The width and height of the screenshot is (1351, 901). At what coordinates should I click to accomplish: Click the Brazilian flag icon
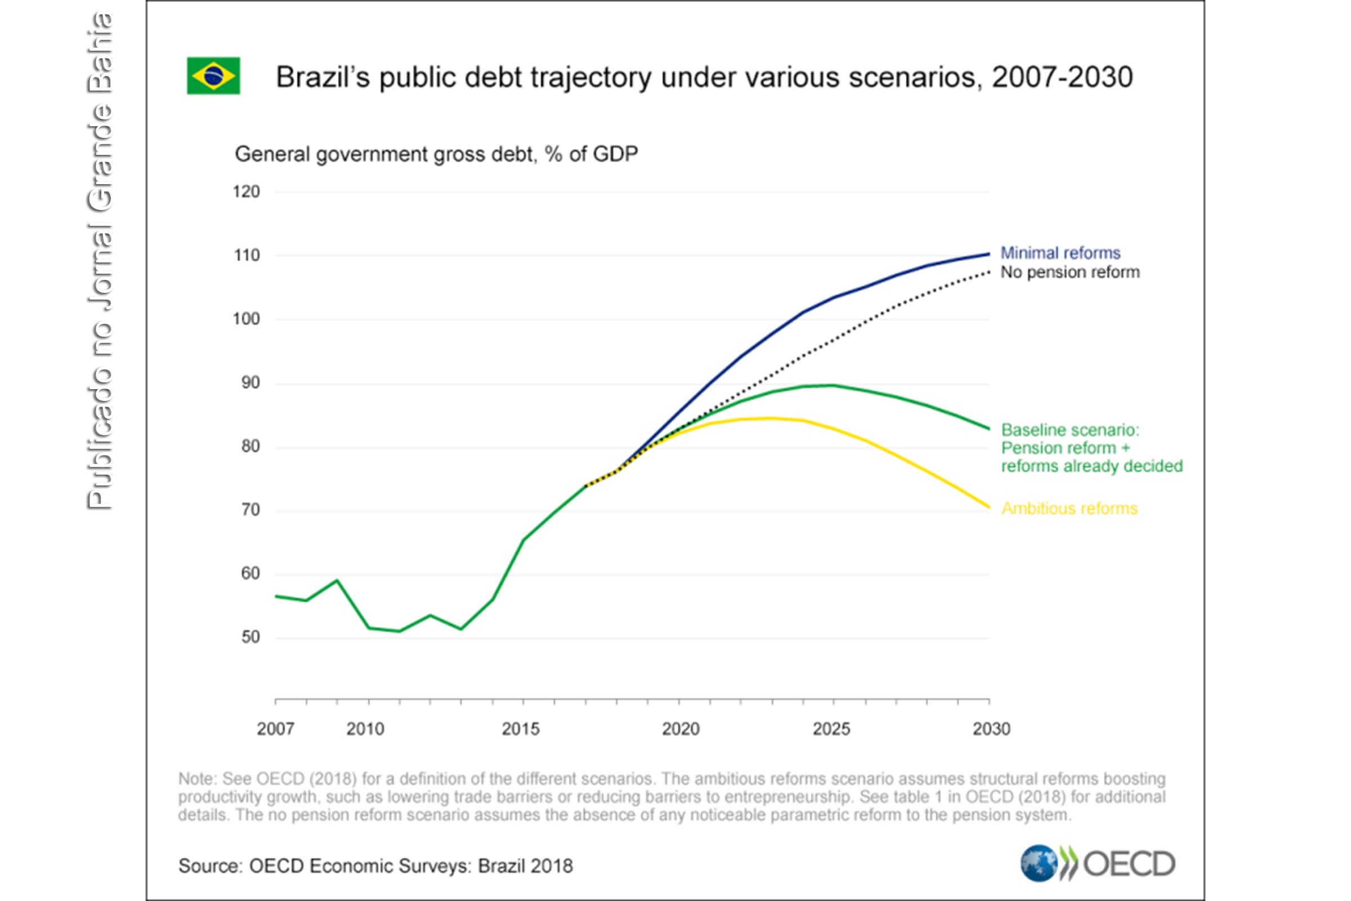click(x=213, y=75)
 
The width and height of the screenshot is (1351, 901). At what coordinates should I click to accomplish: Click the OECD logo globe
click(x=1038, y=863)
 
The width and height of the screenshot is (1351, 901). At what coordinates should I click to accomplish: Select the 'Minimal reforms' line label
click(x=1060, y=253)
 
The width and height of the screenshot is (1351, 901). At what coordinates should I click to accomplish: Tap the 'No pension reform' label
click(x=1070, y=273)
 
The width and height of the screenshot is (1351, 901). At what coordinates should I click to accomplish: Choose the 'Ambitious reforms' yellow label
click(x=1069, y=509)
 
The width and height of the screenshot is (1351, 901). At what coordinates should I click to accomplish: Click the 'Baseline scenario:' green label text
click(x=1070, y=430)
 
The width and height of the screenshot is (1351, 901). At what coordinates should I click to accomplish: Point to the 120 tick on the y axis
click(x=246, y=191)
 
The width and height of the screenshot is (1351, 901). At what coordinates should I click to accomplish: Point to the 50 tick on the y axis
click(x=250, y=637)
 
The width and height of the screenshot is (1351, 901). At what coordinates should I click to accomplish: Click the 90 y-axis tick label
click(x=250, y=383)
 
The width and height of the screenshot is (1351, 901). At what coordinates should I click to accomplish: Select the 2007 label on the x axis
click(x=275, y=729)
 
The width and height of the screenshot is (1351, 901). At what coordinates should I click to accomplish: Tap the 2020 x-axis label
click(x=680, y=729)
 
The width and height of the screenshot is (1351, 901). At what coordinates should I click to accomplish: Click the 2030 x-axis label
click(x=991, y=729)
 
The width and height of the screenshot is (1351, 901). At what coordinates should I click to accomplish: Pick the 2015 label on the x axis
click(x=520, y=729)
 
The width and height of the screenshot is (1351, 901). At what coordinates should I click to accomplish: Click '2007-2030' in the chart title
click(x=1062, y=77)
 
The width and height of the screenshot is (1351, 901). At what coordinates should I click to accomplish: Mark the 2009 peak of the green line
click(x=337, y=581)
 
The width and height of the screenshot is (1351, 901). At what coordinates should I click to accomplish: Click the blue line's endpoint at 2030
click(x=988, y=253)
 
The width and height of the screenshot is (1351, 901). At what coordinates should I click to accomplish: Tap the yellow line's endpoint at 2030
click(x=988, y=507)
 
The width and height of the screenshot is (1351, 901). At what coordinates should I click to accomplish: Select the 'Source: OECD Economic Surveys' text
click(x=375, y=866)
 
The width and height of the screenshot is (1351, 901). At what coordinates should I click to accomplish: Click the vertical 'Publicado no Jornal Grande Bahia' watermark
click(x=100, y=261)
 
